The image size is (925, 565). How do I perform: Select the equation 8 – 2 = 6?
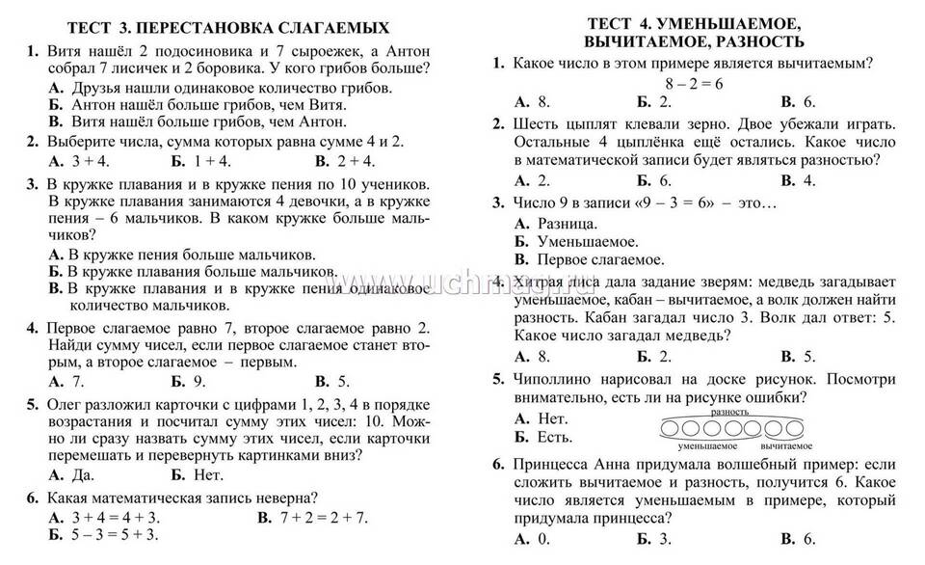click(x=693, y=83)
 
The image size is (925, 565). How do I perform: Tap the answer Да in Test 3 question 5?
click(x=75, y=474)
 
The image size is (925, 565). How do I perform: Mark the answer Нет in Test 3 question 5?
click(x=206, y=474)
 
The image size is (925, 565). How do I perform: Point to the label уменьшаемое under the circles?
click(x=707, y=446)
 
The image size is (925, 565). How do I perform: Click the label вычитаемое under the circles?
click(x=785, y=446)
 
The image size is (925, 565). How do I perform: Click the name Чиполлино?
click(x=556, y=380)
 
